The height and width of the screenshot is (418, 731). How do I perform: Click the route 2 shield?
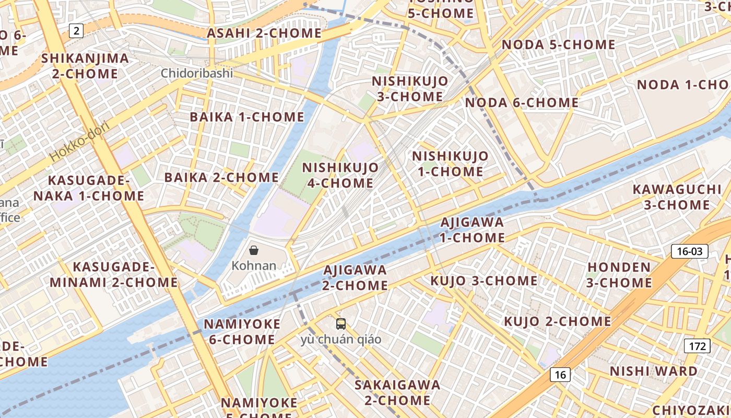76,31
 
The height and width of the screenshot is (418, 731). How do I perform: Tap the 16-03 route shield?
689,251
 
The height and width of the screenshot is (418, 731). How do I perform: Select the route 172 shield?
697,346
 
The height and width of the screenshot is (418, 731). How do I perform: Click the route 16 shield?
560,375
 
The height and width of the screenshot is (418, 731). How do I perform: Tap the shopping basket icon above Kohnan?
254,250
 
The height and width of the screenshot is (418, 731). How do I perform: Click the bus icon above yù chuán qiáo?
340,324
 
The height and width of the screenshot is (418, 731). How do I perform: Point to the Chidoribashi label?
197,73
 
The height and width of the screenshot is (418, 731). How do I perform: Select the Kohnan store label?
254,265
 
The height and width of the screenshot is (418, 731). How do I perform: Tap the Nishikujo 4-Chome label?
340,175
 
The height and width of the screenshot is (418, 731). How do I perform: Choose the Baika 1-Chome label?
246,117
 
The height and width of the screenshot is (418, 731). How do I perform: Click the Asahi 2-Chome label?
264,33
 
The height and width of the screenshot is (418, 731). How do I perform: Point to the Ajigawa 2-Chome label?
355,277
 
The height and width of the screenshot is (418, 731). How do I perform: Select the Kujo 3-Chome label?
484,281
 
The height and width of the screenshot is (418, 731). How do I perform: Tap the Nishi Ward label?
654,371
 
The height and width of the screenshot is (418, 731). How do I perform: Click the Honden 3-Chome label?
619,275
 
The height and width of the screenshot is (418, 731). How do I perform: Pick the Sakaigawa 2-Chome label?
397,392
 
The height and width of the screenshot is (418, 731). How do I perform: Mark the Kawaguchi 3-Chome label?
677,197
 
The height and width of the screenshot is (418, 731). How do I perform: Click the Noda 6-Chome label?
522,103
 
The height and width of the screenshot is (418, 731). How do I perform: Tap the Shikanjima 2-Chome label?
85,65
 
